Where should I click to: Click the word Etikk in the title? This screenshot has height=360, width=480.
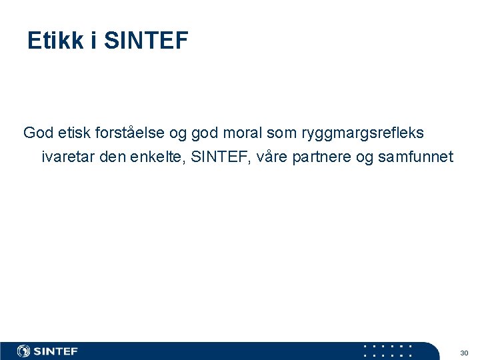56,41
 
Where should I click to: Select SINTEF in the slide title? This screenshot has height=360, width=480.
147,41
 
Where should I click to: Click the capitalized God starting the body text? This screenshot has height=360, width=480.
39,133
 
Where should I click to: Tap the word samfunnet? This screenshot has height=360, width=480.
415,157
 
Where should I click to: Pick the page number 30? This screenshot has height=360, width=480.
464,352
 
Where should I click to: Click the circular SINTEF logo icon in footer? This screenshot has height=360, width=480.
24,351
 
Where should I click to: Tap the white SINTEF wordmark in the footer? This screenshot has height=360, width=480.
56,351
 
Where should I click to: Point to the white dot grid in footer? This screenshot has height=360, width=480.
387,351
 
